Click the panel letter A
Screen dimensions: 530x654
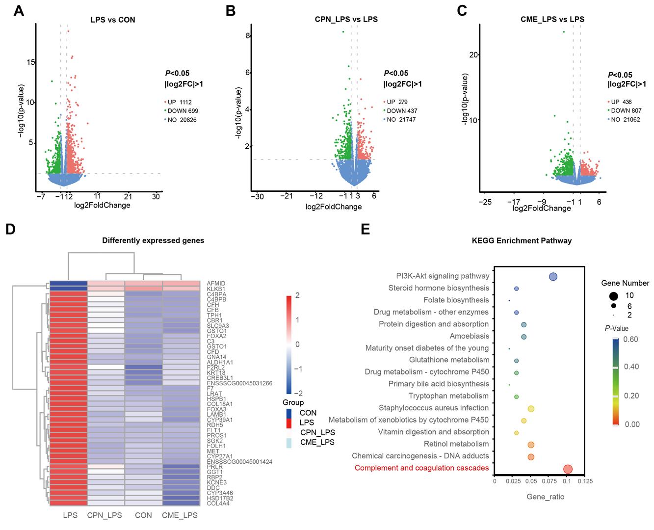[x=19, y=11]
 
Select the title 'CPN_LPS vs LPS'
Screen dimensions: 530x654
[x=346, y=20]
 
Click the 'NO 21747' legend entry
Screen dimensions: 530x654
[x=398, y=120]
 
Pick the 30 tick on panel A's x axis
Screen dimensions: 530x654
[x=156, y=196]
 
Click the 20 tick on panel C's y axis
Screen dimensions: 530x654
[x=473, y=54]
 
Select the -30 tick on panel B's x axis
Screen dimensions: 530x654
[x=257, y=196]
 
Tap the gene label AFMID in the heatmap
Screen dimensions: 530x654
[x=215, y=283]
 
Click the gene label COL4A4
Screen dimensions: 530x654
[x=217, y=503]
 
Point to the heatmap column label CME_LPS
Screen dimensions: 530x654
[x=180, y=515]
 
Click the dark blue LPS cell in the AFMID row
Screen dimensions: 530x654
[x=68, y=283]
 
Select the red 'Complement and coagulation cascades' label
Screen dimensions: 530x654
[x=421, y=468]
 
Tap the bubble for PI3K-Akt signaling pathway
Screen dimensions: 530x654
[x=553, y=277]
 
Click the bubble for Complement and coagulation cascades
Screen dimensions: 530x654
[x=568, y=469]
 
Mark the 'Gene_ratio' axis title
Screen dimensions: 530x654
[x=545, y=497]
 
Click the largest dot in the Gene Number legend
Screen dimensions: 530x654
[x=613, y=295]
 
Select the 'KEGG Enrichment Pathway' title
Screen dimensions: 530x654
[x=522, y=240]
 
